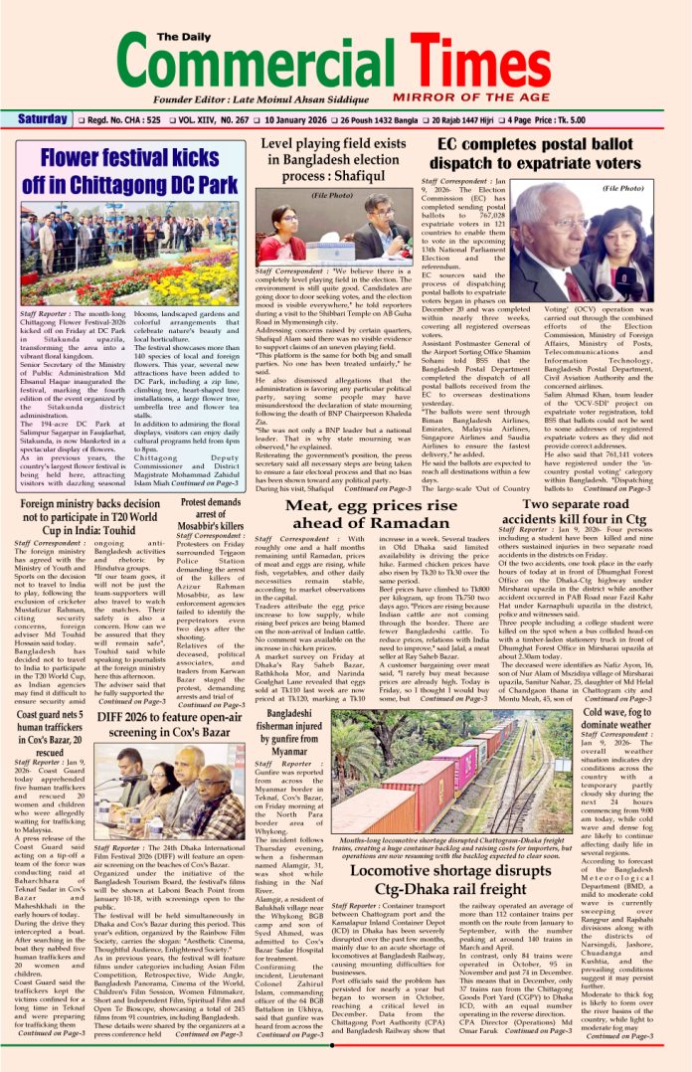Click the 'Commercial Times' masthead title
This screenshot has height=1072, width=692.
[x=345, y=59]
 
